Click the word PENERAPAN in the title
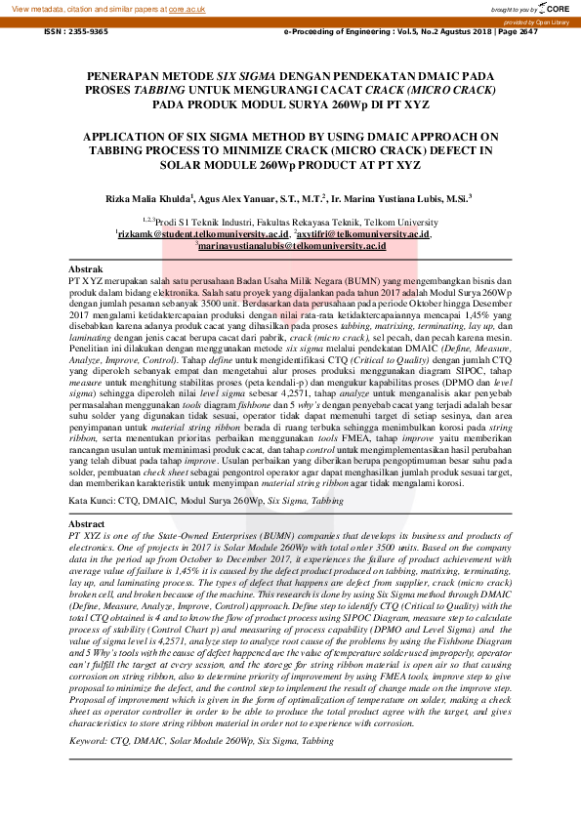click(124, 75)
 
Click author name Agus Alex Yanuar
click(249, 197)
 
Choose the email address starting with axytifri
click(365, 234)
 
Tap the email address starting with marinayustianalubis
click(291, 246)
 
